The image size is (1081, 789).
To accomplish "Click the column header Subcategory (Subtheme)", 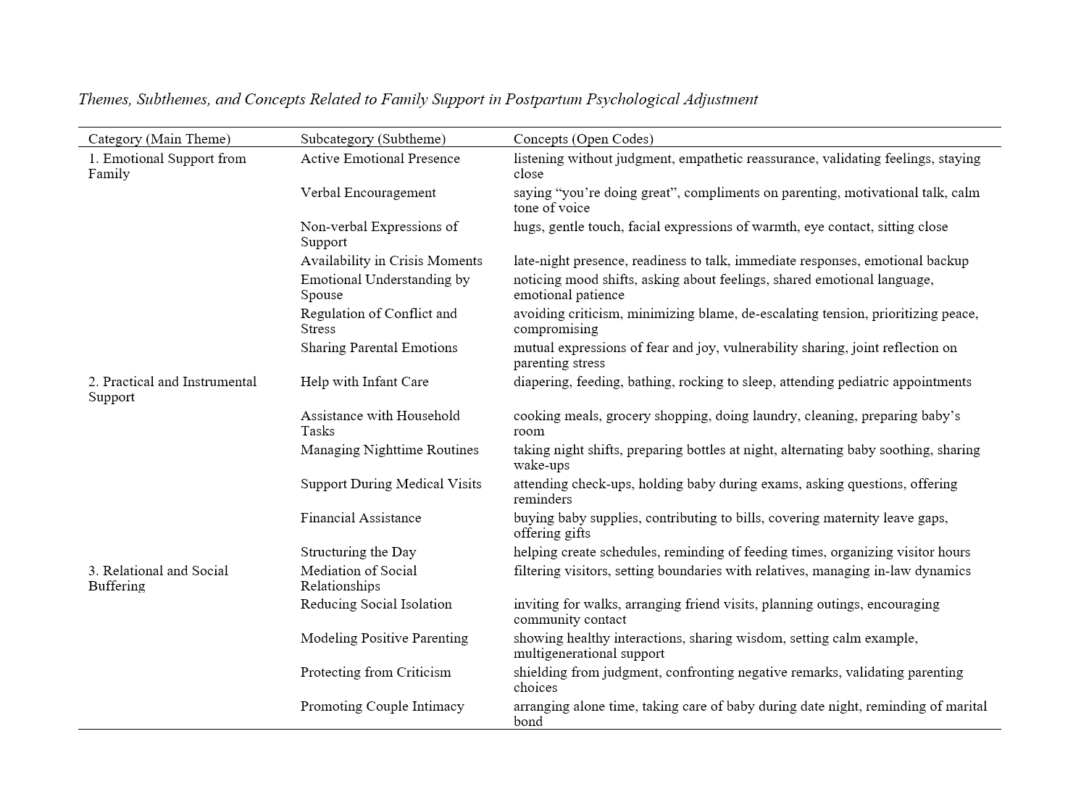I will tap(373, 139).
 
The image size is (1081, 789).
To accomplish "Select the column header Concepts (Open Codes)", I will tap(583, 139).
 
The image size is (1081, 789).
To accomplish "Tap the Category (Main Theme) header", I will tap(159, 139).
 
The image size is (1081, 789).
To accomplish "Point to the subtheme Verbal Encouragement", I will tap(368, 193).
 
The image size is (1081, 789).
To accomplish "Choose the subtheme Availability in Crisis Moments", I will tap(391, 261).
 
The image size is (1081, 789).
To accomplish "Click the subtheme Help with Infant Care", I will tap(364, 382).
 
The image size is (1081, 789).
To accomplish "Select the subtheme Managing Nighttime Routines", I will tap(390, 450).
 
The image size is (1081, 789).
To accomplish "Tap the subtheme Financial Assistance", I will tap(361, 518).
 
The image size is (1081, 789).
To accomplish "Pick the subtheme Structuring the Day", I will tap(359, 552).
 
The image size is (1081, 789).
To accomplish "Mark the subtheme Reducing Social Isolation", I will tap(376, 604).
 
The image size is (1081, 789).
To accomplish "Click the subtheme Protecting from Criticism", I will tap(375, 672).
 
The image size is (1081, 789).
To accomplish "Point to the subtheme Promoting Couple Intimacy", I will tap(383, 706).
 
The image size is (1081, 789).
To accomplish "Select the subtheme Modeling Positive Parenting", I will tap(384, 638).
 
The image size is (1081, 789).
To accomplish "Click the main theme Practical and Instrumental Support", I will tap(172, 389).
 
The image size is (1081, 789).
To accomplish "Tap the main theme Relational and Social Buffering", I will tap(158, 578).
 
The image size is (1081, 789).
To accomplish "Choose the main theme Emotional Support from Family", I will tap(167, 166).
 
